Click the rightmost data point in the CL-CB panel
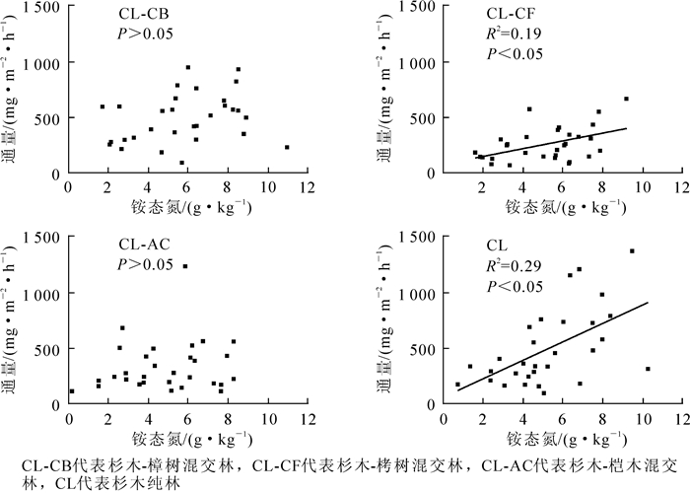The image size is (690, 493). coord(287,147)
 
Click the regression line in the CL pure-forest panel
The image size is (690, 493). coord(552,346)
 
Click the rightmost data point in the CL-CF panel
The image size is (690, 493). coord(626,99)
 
